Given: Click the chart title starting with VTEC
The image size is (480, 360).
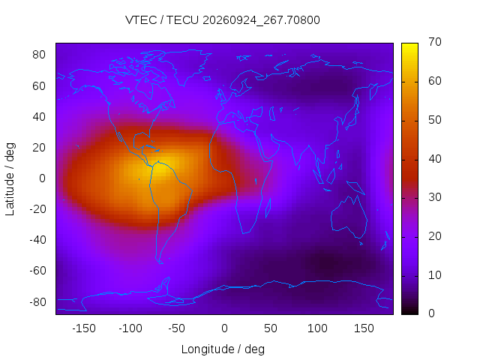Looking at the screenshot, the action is click(223, 20).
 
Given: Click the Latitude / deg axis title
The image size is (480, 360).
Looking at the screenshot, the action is click(10, 179).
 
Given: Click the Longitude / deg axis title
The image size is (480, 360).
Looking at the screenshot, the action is click(223, 349).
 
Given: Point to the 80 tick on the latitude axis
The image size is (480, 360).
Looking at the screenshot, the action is click(39, 55).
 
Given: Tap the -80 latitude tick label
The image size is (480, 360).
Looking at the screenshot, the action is click(37, 302).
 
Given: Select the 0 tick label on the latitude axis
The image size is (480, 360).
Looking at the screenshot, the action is click(42, 178).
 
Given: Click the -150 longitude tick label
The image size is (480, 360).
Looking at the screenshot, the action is click(84, 328).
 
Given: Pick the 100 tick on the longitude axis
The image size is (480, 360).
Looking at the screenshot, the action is click(317, 328).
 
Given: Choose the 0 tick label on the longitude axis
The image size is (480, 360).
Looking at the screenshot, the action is click(224, 328).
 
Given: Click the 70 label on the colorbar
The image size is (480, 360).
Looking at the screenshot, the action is click(435, 42).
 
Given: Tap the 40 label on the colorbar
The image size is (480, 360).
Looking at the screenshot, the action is click(435, 159).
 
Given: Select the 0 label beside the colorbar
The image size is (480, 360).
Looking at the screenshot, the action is click(431, 313).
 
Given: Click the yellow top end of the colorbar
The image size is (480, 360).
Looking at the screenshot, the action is click(409, 46).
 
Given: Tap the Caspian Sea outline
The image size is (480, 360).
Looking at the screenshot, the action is click(270, 114).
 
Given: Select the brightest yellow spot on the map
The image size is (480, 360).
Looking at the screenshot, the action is click(166, 164).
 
